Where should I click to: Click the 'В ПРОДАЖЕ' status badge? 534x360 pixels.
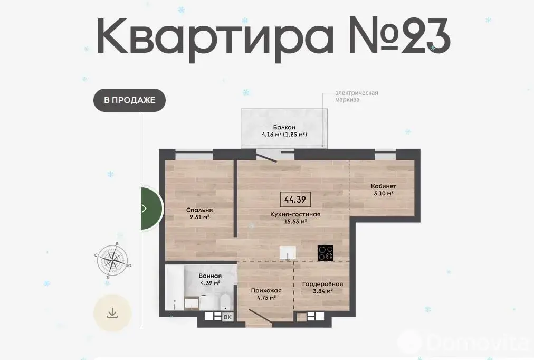129,100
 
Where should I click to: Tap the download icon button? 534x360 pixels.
112,312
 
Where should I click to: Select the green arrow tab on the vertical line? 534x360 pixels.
151,209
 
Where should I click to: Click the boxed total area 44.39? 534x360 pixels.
295,199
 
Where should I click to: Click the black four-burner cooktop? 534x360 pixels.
325,253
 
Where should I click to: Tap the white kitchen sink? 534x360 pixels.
288,252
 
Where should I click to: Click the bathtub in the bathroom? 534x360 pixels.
175,287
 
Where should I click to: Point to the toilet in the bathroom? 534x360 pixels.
225,302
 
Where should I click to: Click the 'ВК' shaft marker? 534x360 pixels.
227,317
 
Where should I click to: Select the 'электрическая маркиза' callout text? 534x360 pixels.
357,96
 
